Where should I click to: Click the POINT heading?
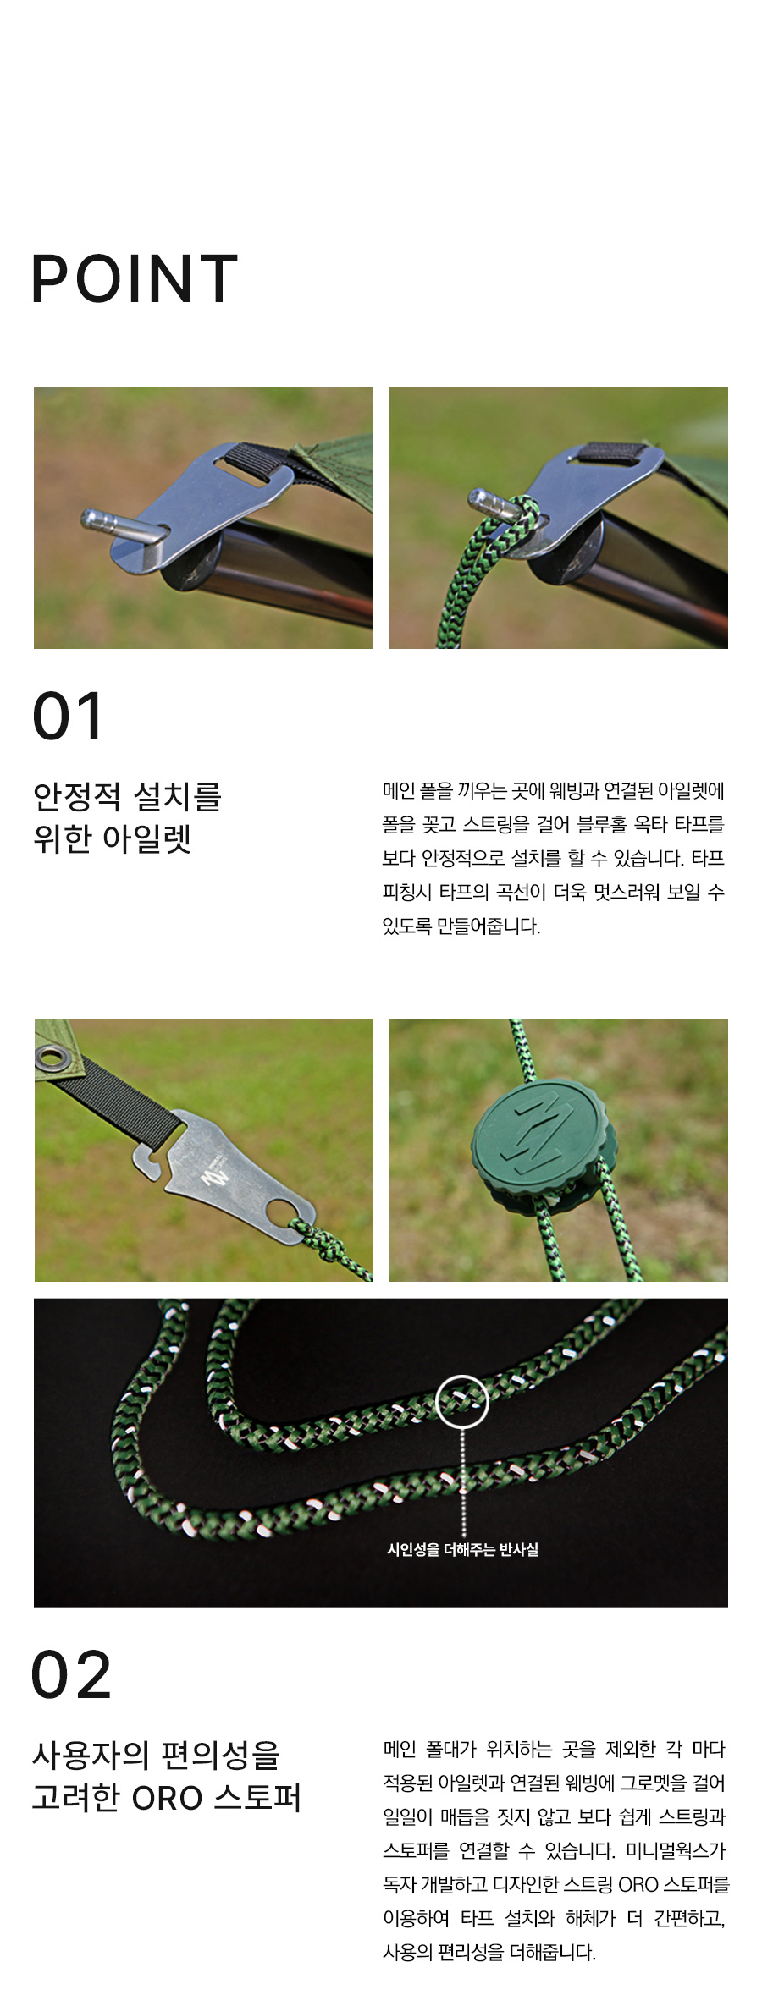click(135, 278)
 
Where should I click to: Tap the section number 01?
click(68, 716)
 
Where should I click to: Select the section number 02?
click(71, 1674)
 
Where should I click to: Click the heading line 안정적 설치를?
click(127, 796)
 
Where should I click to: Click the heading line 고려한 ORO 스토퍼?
click(167, 1797)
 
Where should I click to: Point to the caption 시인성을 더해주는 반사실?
click(462, 1549)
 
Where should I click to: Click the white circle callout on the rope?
click(462, 1402)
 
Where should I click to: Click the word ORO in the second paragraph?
click(638, 1884)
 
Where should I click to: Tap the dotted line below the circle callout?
click(463, 1482)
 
